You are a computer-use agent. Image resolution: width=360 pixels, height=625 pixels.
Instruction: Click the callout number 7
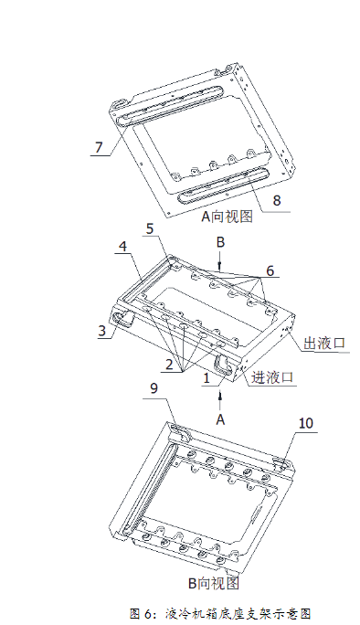click(99, 147)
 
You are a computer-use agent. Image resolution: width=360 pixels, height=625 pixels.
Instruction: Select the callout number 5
click(150, 229)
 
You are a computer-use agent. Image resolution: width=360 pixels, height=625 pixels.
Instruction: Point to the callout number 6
click(270, 270)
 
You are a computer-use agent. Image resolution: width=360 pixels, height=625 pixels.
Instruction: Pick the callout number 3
click(102, 331)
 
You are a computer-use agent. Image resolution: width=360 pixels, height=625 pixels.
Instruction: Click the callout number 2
click(169, 363)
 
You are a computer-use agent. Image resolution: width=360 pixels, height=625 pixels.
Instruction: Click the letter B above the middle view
click(219, 242)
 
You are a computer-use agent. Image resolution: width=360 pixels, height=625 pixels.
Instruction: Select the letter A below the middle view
click(219, 418)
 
